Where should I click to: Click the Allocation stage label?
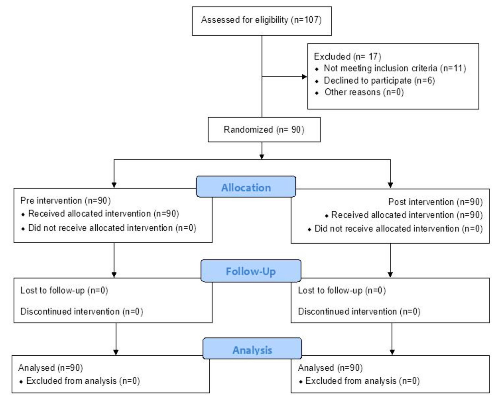click(x=246, y=187)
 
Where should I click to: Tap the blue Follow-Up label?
click(x=251, y=271)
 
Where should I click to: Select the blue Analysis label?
click(x=252, y=350)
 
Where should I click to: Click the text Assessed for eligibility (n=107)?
click(x=261, y=20)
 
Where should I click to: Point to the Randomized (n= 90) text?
click(x=264, y=130)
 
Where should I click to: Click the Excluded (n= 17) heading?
click(x=347, y=56)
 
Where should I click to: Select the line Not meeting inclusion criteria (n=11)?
click(x=394, y=68)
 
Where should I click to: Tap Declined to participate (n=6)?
click(x=379, y=81)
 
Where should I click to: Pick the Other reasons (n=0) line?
click(x=364, y=92)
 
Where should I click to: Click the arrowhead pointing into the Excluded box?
click(x=304, y=76)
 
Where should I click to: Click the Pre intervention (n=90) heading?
click(x=65, y=201)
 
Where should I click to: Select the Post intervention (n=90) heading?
click(x=435, y=202)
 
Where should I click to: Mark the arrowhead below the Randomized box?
click(x=262, y=156)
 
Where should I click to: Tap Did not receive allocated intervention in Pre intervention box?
click(x=112, y=228)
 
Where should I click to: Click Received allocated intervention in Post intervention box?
click(x=407, y=215)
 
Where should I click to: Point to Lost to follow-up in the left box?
click(x=64, y=290)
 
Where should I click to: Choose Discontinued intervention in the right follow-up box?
click(x=359, y=311)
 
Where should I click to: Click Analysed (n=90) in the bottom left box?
click(x=51, y=368)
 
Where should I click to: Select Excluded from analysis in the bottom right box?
click(x=362, y=381)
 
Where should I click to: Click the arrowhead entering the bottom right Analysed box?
click(x=392, y=352)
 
